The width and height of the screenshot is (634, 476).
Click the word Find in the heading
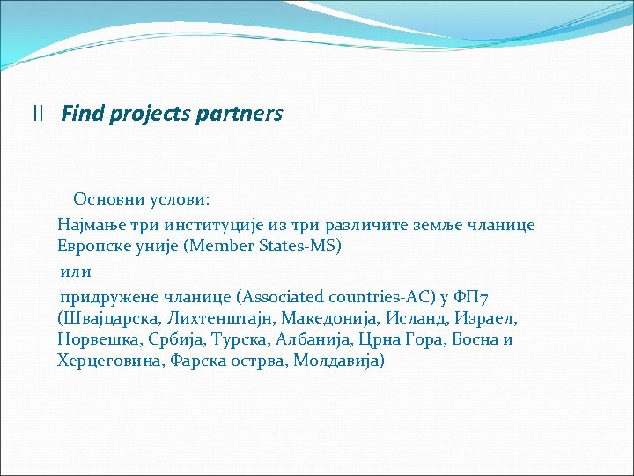point(81,114)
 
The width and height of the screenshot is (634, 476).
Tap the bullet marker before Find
point(37,114)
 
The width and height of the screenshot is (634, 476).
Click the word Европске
point(92,246)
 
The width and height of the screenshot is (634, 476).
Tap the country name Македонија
point(324,317)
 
